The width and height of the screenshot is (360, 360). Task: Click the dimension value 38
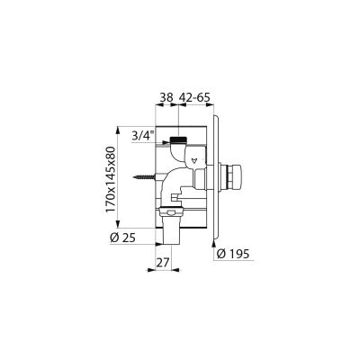pyautogui.click(x=166, y=97)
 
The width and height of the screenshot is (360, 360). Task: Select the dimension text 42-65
pyautogui.click(x=194, y=97)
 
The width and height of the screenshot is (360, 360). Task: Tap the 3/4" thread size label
pyautogui.click(x=143, y=136)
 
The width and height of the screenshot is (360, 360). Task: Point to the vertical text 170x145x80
pyautogui.click(x=111, y=180)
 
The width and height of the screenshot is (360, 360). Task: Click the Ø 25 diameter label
pyautogui.click(x=122, y=238)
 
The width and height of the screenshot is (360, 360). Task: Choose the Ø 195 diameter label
pyautogui.click(x=233, y=254)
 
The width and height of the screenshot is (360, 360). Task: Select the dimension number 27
pyautogui.click(x=163, y=262)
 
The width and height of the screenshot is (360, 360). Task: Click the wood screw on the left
pyautogui.click(x=144, y=177)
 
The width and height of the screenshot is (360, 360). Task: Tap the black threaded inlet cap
pyautogui.click(x=178, y=139)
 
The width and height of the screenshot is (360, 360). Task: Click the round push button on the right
pyautogui.click(x=237, y=177)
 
